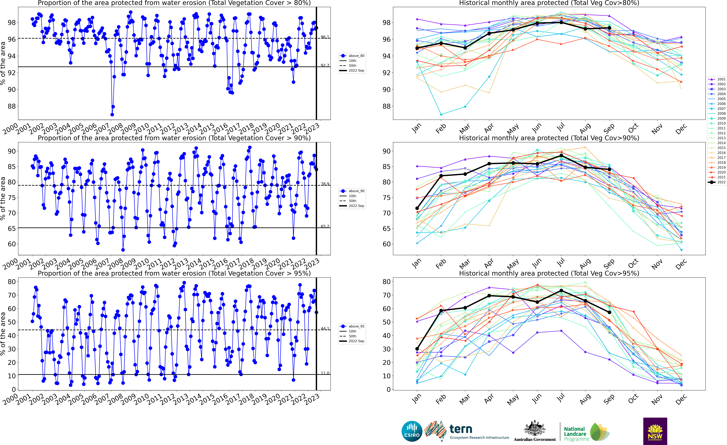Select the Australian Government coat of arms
point(535,428)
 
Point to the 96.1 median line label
point(325,37)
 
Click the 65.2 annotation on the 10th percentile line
point(325,226)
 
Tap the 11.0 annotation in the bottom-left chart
point(325,373)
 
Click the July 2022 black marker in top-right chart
point(561,22)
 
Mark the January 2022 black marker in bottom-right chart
point(417,349)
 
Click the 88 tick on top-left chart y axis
point(12,106)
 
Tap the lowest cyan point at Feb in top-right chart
point(441,115)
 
